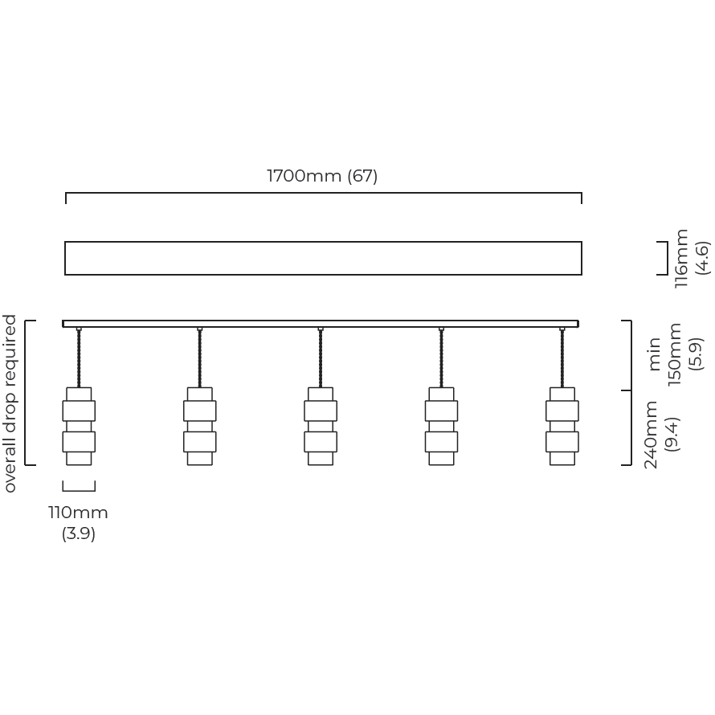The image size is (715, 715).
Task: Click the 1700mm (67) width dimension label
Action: tap(322, 176)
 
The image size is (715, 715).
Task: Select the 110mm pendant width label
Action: tap(79, 513)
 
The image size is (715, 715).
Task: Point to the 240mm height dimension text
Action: tap(651, 435)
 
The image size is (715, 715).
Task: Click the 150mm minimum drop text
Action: tap(674, 354)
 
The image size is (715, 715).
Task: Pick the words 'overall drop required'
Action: tap(9, 403)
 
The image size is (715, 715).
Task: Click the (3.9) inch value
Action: tap(79, 533)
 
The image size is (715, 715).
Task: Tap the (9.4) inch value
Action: tap(672, 435)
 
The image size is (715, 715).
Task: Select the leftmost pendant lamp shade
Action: tap(79, 427)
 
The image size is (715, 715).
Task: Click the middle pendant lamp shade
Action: tap(321, 427)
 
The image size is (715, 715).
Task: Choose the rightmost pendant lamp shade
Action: tap(562, 427)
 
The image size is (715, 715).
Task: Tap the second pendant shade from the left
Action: tap(200, 427)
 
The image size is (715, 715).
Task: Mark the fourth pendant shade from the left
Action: tap(441, 427)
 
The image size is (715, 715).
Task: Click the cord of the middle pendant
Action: tap(321, 358)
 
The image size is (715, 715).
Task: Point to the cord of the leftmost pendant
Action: tap(79, 358)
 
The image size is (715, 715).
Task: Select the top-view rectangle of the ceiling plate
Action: tap(323, 242)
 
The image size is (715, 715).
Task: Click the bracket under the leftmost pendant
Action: tap(79, 491)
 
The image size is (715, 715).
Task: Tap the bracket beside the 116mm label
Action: tap(667, 258)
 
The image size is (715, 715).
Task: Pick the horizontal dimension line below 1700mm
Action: tap(323, 193)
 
